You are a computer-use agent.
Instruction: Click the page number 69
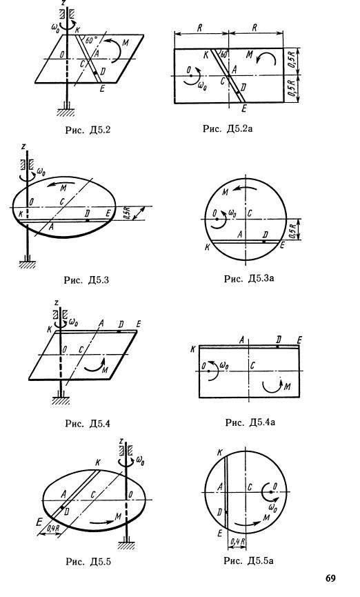(x=331, y=578)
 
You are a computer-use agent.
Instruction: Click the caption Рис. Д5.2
(x=88, y=130)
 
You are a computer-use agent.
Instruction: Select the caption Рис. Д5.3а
(x=249, y=279)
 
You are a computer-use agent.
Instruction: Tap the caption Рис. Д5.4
(x=88, y=423)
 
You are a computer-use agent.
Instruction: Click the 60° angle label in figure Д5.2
(x=90, y=41)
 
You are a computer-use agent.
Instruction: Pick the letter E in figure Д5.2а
(x=244, y=108)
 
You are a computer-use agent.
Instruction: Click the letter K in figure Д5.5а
(x=219, y=453)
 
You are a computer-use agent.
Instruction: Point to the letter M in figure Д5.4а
(x=288, y=387)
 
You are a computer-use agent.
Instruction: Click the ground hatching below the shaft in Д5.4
(x=61, y=401)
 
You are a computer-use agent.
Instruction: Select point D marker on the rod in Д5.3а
(x=264, y=241)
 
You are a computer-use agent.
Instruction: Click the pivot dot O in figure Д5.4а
(x=209, y=371)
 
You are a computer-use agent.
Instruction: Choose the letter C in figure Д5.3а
(x=250, y=213)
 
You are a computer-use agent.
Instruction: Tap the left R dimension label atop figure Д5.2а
(x=200, y=28)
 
